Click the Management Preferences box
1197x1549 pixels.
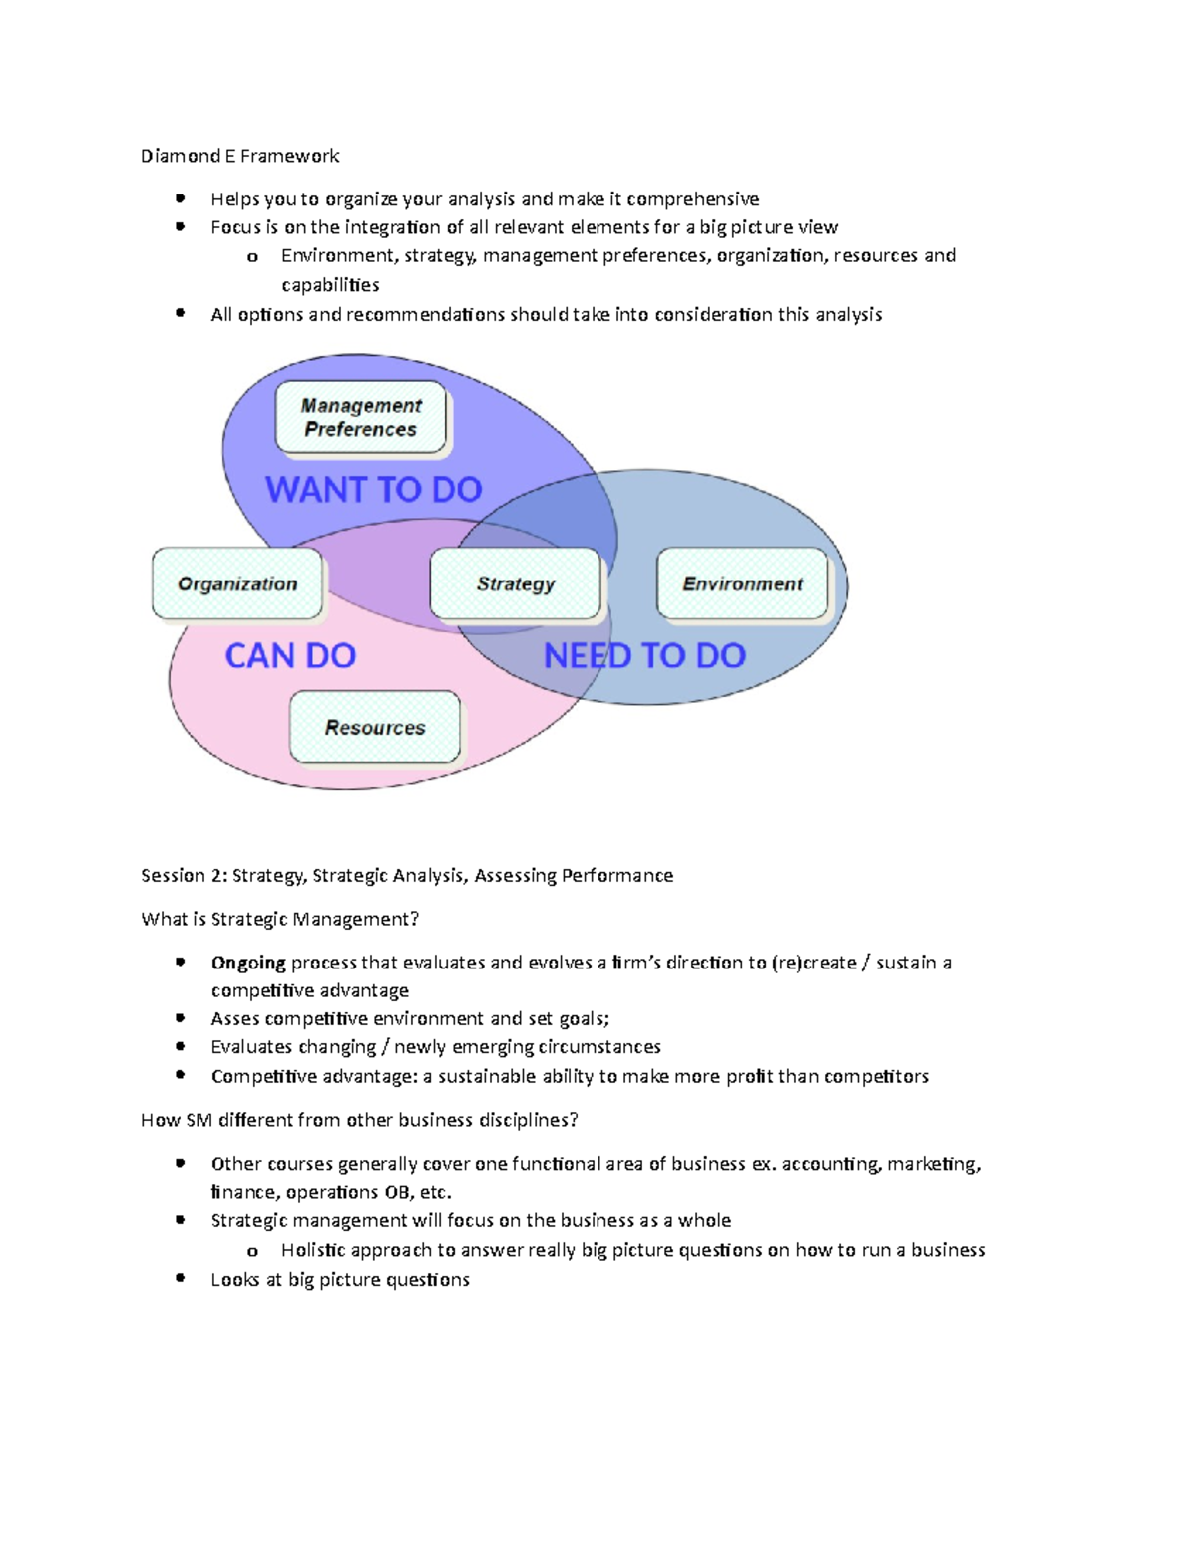tap(361, 417)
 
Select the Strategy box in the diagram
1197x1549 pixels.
tap(516, 583)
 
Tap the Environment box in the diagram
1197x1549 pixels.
tap(742, 583)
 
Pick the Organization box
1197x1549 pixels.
tap(237, 583)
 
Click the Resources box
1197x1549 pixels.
tap(375, 727)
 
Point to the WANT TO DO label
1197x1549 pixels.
tap(374, 489)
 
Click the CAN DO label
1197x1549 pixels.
tap(290, 655)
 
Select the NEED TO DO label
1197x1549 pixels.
tap(644, 655)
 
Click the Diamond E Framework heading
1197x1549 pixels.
tap(239, 156)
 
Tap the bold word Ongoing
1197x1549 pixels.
tap(248, 963)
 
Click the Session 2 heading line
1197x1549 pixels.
tap(407, 875)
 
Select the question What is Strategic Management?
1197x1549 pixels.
tap(280, 919)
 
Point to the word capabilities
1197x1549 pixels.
tap(330, 285)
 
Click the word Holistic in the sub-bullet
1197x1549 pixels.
tap(313, 1250)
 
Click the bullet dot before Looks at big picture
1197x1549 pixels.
tap(181, 1278)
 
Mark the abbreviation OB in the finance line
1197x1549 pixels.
tap(396, 1192)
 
